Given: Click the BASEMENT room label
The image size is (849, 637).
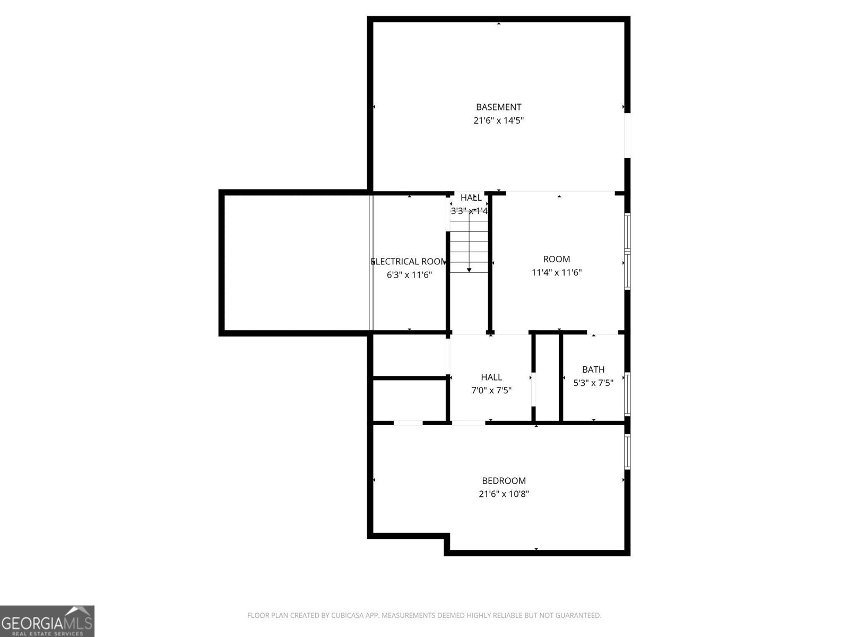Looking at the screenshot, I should click(x=498, y=107).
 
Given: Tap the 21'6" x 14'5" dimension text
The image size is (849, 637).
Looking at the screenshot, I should click(x=498, y=120).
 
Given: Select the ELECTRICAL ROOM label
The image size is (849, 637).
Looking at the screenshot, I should click(x=409, y=262).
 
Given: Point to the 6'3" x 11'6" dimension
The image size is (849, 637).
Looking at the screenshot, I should click(x=409, y=275).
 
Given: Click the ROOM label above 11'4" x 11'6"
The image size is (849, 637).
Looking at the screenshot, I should click(x=557, y=259).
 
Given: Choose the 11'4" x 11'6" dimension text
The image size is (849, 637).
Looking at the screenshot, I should click(x=557, y=273).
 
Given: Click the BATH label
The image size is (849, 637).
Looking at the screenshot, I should click(x=593, y=369).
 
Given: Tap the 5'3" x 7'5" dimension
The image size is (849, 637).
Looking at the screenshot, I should click(x=593, y=383).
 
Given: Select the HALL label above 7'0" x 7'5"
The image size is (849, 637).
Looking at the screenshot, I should click(x=491, y=377).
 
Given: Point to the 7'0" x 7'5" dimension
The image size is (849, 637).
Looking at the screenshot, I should click(x=491, y=391).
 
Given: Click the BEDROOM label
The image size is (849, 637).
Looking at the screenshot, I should click(x=504, y=481).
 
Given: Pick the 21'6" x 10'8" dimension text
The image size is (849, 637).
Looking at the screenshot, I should click(x=504, y=494).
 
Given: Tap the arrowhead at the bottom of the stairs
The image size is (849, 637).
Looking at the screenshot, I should click(x=469, y=271).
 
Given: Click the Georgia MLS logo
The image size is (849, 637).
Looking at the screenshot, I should click(x=47, y=621).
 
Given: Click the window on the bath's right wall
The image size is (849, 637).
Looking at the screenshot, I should click(x=627, y=394).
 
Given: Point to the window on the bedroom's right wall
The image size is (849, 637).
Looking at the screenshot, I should click(x=627, y=451).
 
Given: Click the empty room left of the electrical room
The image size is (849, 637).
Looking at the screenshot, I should click(x=296, y=263).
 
